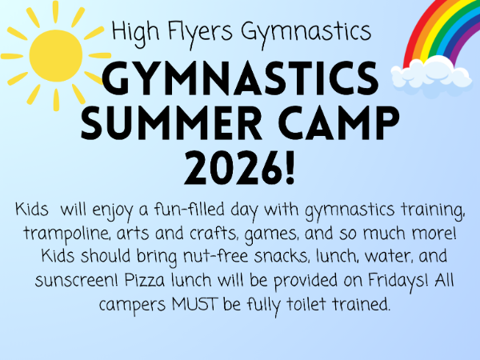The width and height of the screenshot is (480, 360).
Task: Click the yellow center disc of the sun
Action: pos(56,56)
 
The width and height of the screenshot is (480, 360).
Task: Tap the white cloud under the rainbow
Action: pos(431,73)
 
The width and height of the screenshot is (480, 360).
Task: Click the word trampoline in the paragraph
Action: pos(66,234)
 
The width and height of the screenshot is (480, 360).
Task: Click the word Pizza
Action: pos(145,280)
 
